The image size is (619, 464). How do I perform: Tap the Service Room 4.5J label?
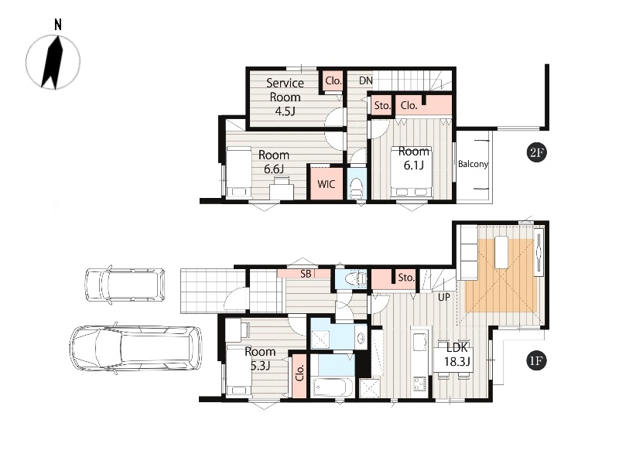coord(285,97)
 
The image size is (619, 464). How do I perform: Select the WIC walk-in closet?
coord(326,184)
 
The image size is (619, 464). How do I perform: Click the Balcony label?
coord(473,164)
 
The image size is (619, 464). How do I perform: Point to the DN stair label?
coord(365,80)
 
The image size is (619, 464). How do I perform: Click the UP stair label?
coord(443,297)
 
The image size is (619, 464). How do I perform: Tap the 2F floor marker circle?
coord(536,152)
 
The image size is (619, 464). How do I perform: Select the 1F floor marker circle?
coord(536,360)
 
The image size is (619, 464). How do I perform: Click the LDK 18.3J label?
coord(457,354)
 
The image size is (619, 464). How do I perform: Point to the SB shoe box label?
coord(306,274)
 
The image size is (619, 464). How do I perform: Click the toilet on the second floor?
coord(357,187)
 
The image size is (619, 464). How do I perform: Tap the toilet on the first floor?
coord(354,279)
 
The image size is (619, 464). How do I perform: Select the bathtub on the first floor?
coord(333,387)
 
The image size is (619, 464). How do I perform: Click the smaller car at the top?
coord(125,285)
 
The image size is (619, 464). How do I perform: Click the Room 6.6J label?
coord(274,162)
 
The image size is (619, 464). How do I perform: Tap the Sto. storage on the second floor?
coord(381,105)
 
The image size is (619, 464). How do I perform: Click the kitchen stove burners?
coord(419,384)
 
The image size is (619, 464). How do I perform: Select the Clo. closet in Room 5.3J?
coord(299,374)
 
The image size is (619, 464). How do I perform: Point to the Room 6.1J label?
coord(414,158)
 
